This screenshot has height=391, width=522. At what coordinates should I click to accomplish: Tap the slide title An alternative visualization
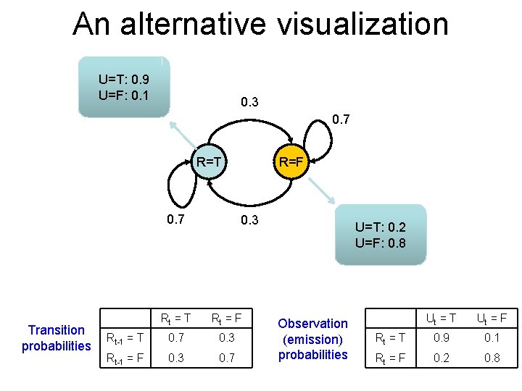click(x=260, y=24)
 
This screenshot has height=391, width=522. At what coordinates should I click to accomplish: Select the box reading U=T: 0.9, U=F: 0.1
click(x=124, y=86)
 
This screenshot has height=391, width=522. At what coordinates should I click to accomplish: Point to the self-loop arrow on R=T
click(x=178, y=184)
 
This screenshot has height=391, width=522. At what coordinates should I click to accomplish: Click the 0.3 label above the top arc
click(x=249, y=102)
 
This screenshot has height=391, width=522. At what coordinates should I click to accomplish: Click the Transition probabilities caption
click(x=57, y=338)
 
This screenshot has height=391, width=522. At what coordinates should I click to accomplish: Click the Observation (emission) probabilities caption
click(x=313, y=339)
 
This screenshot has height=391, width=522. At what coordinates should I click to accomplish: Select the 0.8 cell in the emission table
click(x=491, y=358)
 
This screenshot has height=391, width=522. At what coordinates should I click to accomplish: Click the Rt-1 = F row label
click(x=125, y=358)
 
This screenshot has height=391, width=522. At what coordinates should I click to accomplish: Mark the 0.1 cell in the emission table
click(x=491, y=337)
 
